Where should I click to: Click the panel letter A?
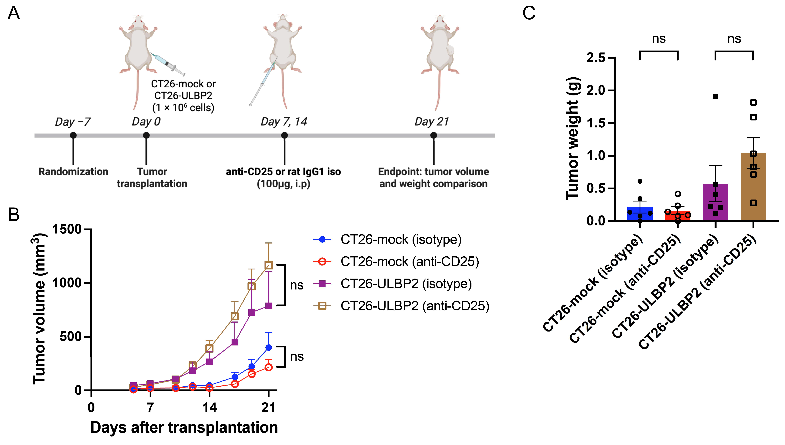click(14, 14)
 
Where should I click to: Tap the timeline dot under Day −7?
click(73, 135)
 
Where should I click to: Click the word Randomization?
click(73, 172)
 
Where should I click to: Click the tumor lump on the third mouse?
click(450, 51)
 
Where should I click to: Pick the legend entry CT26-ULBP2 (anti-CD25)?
click(415, 306)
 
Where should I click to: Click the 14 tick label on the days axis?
click(209, 408)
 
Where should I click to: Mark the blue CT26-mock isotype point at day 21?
click(269, 347)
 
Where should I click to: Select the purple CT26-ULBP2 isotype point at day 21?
click(269, 306)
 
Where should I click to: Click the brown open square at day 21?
click(269, 265)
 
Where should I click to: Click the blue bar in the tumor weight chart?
click(640, 214)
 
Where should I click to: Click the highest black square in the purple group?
click(716, 96)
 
